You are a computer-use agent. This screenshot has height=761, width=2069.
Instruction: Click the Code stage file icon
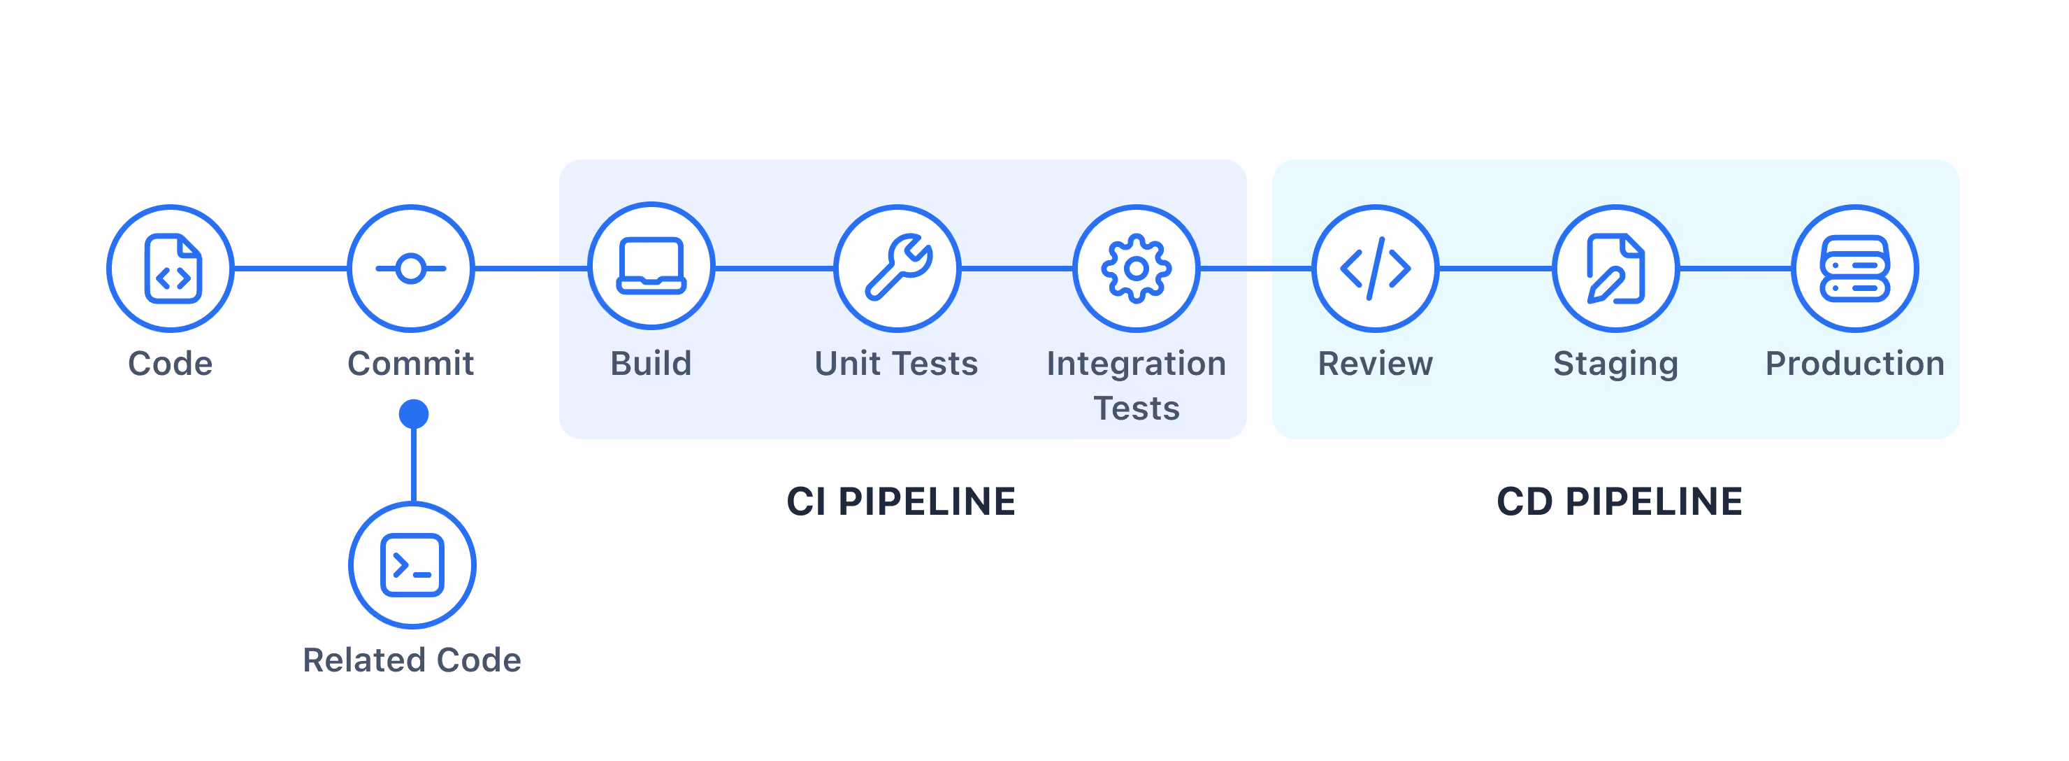coord(173,269)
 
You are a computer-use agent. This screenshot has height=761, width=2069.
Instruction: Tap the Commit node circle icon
coord(411,269)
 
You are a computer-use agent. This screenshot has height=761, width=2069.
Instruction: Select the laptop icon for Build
coord(651,265)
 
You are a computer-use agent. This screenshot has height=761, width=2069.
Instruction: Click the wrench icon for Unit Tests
coord(898,266)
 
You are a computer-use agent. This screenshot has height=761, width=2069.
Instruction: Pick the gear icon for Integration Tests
coord(1137,269)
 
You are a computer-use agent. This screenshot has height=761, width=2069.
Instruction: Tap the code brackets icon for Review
coord(1375,269)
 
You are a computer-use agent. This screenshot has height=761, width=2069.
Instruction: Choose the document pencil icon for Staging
coord(1615,269)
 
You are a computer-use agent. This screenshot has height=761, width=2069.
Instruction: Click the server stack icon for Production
coord(1854,269)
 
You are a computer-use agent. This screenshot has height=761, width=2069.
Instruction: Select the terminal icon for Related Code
coord(412,565)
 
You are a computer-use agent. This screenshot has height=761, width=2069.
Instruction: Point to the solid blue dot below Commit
coord(414,414)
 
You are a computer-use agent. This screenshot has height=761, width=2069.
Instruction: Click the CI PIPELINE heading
coord(901,502)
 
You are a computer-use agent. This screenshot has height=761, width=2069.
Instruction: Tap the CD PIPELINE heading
coord(1620,502)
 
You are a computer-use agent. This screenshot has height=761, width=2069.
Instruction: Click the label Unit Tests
coord(896,363)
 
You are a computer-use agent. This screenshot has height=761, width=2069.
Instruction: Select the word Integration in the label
coord(1137,364)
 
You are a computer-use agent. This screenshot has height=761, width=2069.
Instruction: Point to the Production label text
coord(1854,363)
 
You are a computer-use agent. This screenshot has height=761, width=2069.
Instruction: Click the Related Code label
coord(412,660)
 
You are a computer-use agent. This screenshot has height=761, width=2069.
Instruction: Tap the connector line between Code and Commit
coord(291,269)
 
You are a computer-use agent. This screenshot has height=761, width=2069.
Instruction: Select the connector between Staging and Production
coord(1736,269)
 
